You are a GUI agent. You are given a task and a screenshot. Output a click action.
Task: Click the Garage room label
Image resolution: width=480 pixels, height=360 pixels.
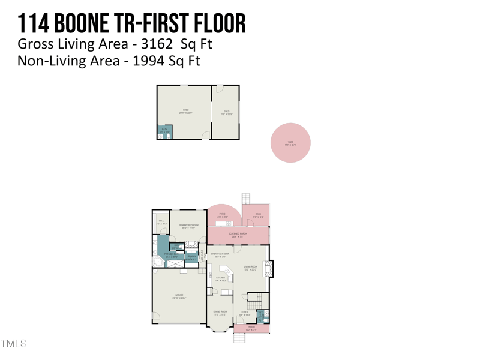[179, 295]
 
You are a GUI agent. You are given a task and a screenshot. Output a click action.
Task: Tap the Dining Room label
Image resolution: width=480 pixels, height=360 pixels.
[220, 312]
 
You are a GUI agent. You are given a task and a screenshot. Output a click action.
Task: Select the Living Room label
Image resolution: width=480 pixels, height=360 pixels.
[251, 268]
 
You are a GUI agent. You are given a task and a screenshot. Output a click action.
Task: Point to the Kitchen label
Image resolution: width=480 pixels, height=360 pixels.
[220, 278]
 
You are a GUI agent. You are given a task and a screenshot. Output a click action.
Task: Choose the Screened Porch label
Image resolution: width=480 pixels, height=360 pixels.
[238, 235]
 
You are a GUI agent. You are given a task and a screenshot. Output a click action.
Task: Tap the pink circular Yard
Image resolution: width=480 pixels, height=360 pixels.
[290, 143]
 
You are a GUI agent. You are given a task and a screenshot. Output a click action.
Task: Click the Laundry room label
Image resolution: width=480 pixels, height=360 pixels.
[190, 257]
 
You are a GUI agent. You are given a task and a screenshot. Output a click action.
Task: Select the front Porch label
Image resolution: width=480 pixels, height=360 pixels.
[251, 328]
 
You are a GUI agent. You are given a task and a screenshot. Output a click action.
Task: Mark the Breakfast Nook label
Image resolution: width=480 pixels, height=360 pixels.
[220, 254]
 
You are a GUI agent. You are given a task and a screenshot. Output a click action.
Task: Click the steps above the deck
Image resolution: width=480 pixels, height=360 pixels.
[245, 199]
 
